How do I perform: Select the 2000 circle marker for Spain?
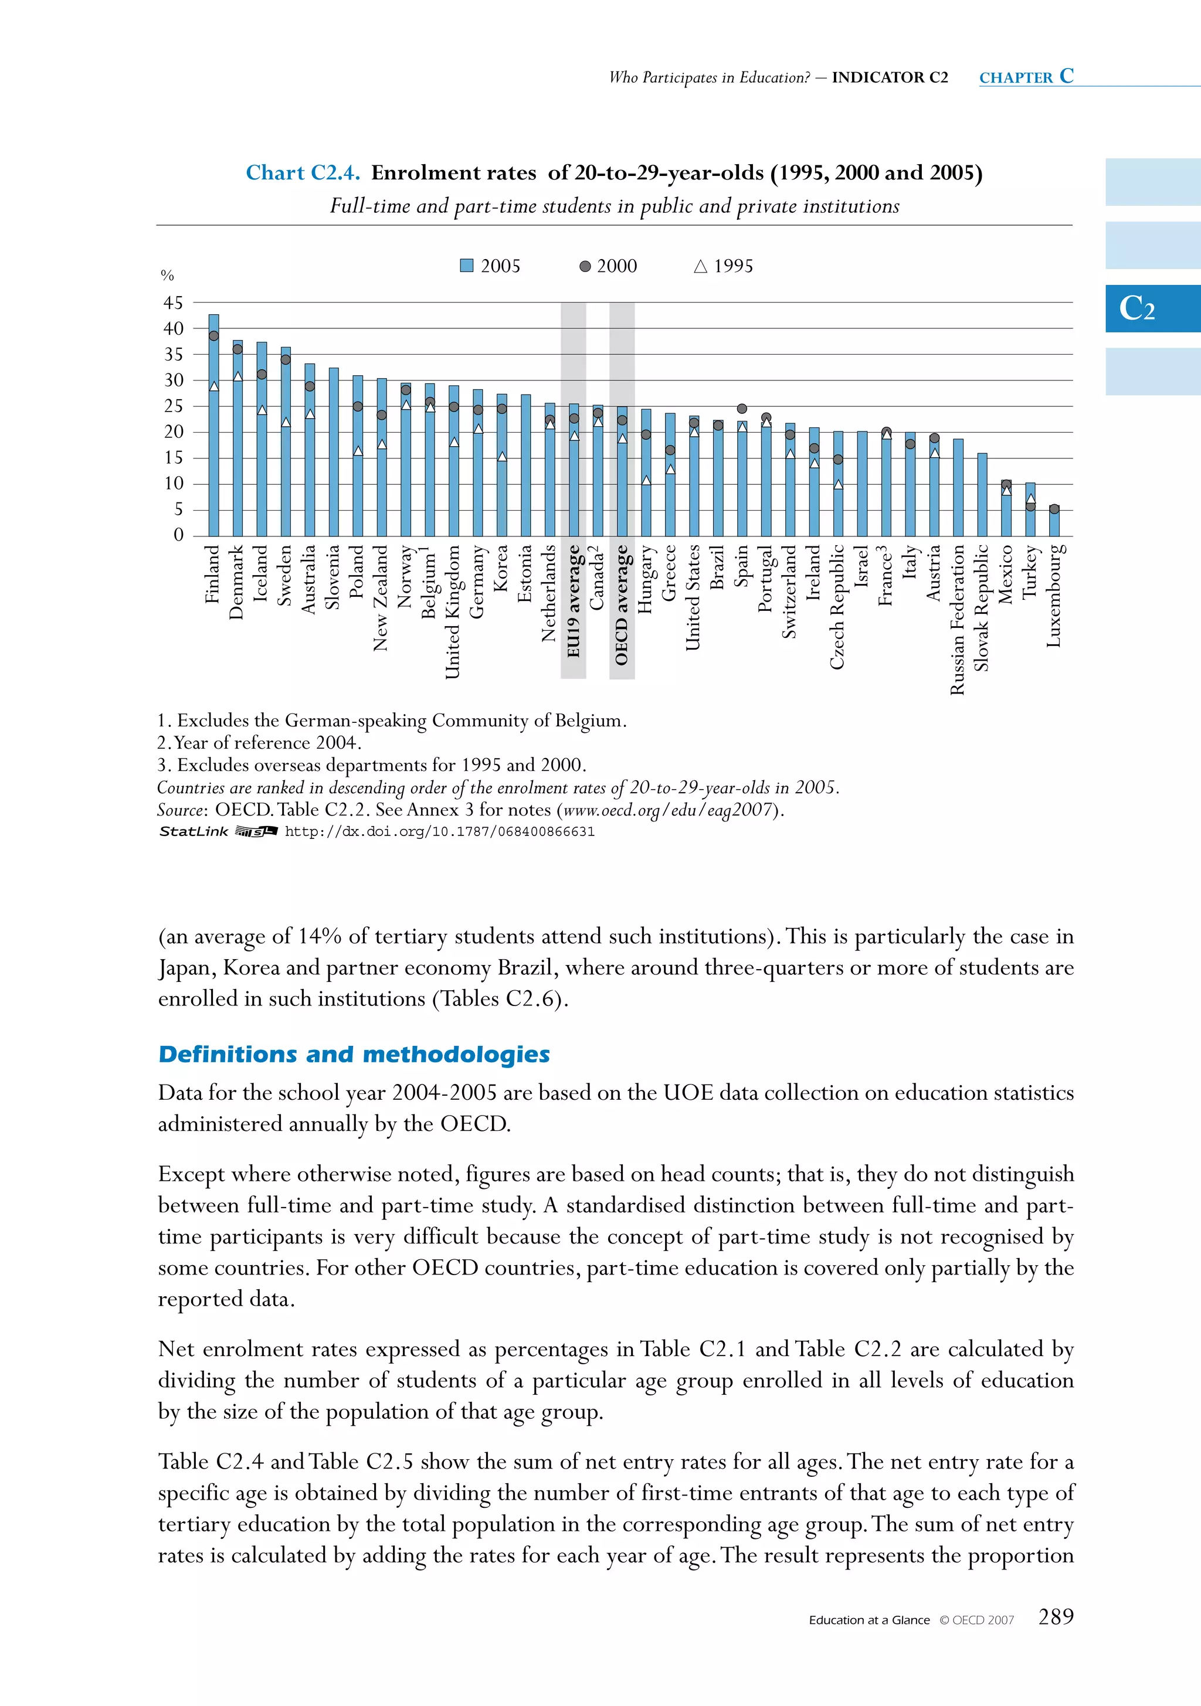pos(742,409)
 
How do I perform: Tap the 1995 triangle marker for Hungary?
pos(646,481)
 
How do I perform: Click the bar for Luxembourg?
pos(1054,522)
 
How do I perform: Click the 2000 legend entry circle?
pos(585,267)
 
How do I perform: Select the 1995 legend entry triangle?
pos(700,267)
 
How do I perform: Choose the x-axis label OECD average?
pos(622,605)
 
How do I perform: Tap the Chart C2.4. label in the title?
pos(303,173)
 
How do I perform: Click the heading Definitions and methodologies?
pos(354,1054)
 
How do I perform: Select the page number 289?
pos(1056,1617)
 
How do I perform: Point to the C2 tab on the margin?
pos(1137,308)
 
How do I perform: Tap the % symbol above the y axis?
pos(167,276)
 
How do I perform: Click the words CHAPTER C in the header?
pos(1026,77)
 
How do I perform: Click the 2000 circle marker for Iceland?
pos(262,375)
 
